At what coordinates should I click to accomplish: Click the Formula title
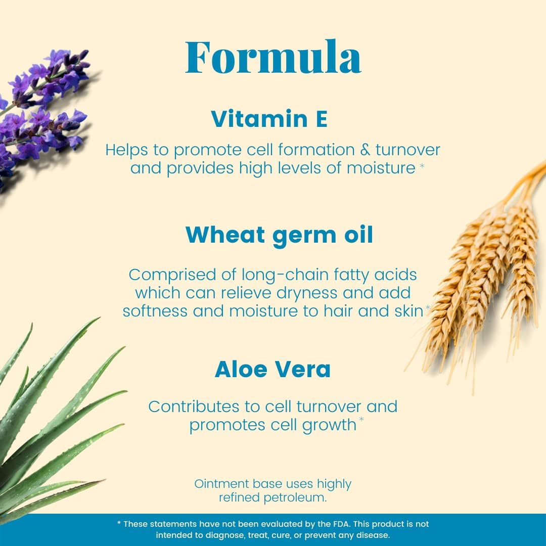click(273, 57)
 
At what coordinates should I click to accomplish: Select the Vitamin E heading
click(269, 119)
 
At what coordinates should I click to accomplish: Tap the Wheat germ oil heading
click(279, 235)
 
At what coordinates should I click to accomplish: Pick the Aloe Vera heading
click(272, 370)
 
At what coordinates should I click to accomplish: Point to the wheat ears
click(485, 263)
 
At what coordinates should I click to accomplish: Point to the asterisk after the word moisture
click(422, 166)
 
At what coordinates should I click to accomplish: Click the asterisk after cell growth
click(361, 421)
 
